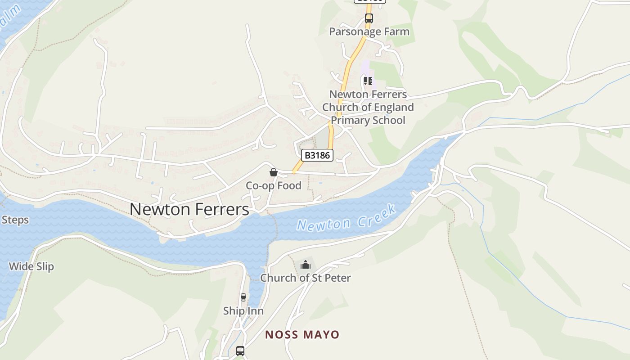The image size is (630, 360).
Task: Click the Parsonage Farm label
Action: [369, 31]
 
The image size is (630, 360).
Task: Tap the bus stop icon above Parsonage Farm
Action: [369, 18]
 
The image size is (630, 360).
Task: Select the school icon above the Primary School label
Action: [368, 81]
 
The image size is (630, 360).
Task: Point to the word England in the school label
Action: [391, 107]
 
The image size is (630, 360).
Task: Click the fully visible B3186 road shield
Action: [317, 155]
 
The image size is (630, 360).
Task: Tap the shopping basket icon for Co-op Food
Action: [273, 172]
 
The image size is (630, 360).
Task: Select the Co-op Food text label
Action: [273, 185]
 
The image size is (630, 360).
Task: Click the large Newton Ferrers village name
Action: [189, 209]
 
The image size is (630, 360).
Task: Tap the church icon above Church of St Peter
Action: [306, 265]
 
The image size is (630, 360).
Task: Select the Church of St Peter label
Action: [306, 278]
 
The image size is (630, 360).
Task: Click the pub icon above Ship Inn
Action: [243, 297]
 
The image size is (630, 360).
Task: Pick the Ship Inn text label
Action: [243, 311]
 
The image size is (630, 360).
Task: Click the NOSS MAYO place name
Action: [302, 334]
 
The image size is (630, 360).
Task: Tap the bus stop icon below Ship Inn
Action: [240, 351]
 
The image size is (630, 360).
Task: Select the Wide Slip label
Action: [31, 266]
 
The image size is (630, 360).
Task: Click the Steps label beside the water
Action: [15, 220]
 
